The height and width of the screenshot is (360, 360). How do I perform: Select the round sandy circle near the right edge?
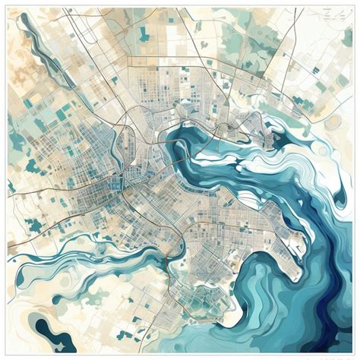[x=334, y=122]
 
